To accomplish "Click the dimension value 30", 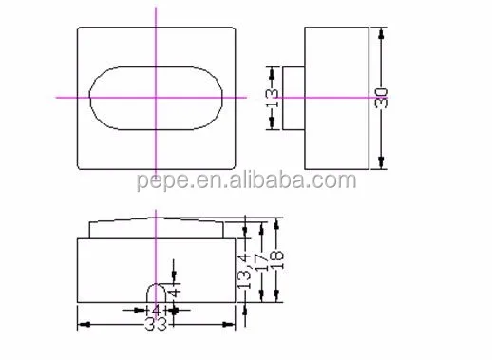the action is click(x=381, y=98).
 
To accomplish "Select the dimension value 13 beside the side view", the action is click(x=272, y=98).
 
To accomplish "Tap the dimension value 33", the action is click(x=156, y=324).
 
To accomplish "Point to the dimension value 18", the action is click(x=276, y=259).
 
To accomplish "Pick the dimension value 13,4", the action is click(x=245, y=272).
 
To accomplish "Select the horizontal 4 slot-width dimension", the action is click(x=156, y=310).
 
